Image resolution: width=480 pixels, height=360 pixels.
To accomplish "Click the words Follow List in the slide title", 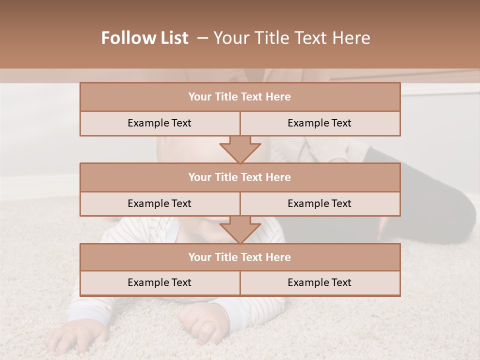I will pyautogui.click(x=144, y=38).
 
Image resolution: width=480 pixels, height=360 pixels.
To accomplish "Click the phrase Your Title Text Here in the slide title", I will pyautogui.click(x=292, y=38).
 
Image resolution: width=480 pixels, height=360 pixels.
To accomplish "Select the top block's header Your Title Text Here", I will pyautogui.click(x=239, y=97).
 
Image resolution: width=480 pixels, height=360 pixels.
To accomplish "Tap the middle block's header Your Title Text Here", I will pyautogui.click(x=239, y=177).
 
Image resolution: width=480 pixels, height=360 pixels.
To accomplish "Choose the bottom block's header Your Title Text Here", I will pyautogui.click(x=239, y=257).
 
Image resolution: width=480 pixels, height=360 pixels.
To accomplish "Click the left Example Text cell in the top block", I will pyautogui.click(x=159, y=123).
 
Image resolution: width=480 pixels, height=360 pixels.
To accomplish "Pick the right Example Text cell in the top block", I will pyautogui.click(x=319, y=123).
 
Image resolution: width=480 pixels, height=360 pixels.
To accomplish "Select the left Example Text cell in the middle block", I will pyautogui.click(x=159, y=203).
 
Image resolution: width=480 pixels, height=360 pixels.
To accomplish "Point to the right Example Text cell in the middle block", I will pyautogui.click(x=319, y=203).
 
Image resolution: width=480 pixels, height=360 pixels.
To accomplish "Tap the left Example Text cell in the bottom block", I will pyautogui.click(x=159, y=282).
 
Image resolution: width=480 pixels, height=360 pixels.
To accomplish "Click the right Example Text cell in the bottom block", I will pyautogui.click(x=319, y=282).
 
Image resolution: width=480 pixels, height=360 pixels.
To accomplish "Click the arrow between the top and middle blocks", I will pyautogui.click(x=240, y=150).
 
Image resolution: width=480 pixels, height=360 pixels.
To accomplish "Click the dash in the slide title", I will pyautogui.click(x=202, y=38).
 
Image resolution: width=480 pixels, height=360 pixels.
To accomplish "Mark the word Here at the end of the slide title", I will pyautogui.click(x=353, y=38).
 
